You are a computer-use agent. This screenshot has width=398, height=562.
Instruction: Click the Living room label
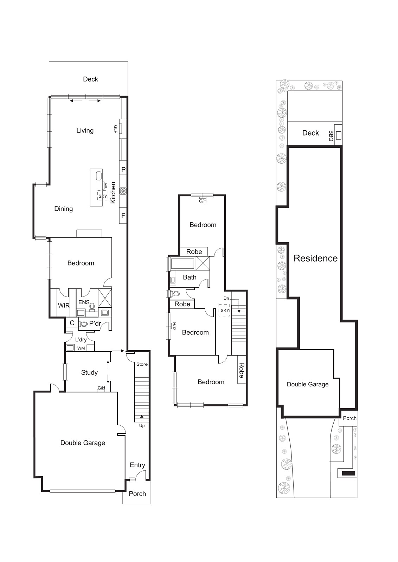pyautogui.click(x=85, y=131)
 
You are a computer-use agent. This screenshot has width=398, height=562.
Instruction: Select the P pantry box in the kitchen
pyautogui.click(x=123, y=170)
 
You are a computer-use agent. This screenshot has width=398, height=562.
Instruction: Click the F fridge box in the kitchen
pyautogui.click(x=123, y=216)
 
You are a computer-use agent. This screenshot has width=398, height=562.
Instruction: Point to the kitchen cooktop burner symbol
pyautogui.click(x=123, y=191)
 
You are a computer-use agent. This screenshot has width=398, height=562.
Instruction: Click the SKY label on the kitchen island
pyautogui.click(x=102, y=196)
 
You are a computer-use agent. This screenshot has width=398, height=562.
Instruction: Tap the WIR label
pyautogui.click(x=64, y=306)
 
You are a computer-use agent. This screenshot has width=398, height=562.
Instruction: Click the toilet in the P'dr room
pyautogui.click(x=84, y=324)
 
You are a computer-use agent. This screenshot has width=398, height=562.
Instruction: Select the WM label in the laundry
pyautogui.click(x=81, y=348)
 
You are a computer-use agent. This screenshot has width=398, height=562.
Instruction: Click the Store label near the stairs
pyautogui.click(x=142, y=364)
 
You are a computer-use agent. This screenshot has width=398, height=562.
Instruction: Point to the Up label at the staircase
pyautogui.click(x=142, y=426)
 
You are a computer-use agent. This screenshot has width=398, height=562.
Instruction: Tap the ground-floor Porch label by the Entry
pyautogui.click(x=137, y=494)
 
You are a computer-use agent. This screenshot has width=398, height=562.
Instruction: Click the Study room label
pyautogui.click(x=89, y=373)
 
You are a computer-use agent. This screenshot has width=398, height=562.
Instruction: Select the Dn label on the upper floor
pyautogui.click(x=226, y=298)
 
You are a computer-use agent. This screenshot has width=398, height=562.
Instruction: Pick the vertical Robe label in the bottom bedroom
pyautogui.click(x=242, y=370)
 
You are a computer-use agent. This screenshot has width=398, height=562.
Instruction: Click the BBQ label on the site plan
pyautogui.click(x=331, y=136)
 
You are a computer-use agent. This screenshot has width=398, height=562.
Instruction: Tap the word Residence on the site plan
pyautogui.click(x=315, y=259)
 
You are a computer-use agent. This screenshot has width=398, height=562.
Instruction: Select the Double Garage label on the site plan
pyautogui.click(x=308, y=384)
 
